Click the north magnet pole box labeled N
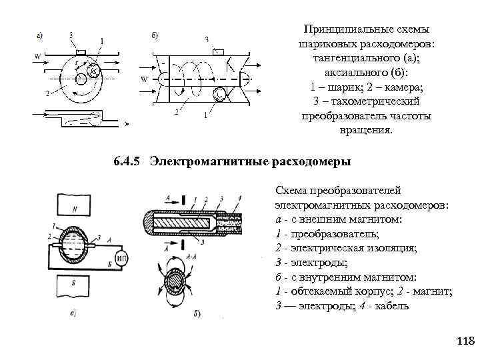point(75,208)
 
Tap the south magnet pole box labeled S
point(75,286)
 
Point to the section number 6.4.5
point(127,162)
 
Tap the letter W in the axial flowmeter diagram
point(144,79)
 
